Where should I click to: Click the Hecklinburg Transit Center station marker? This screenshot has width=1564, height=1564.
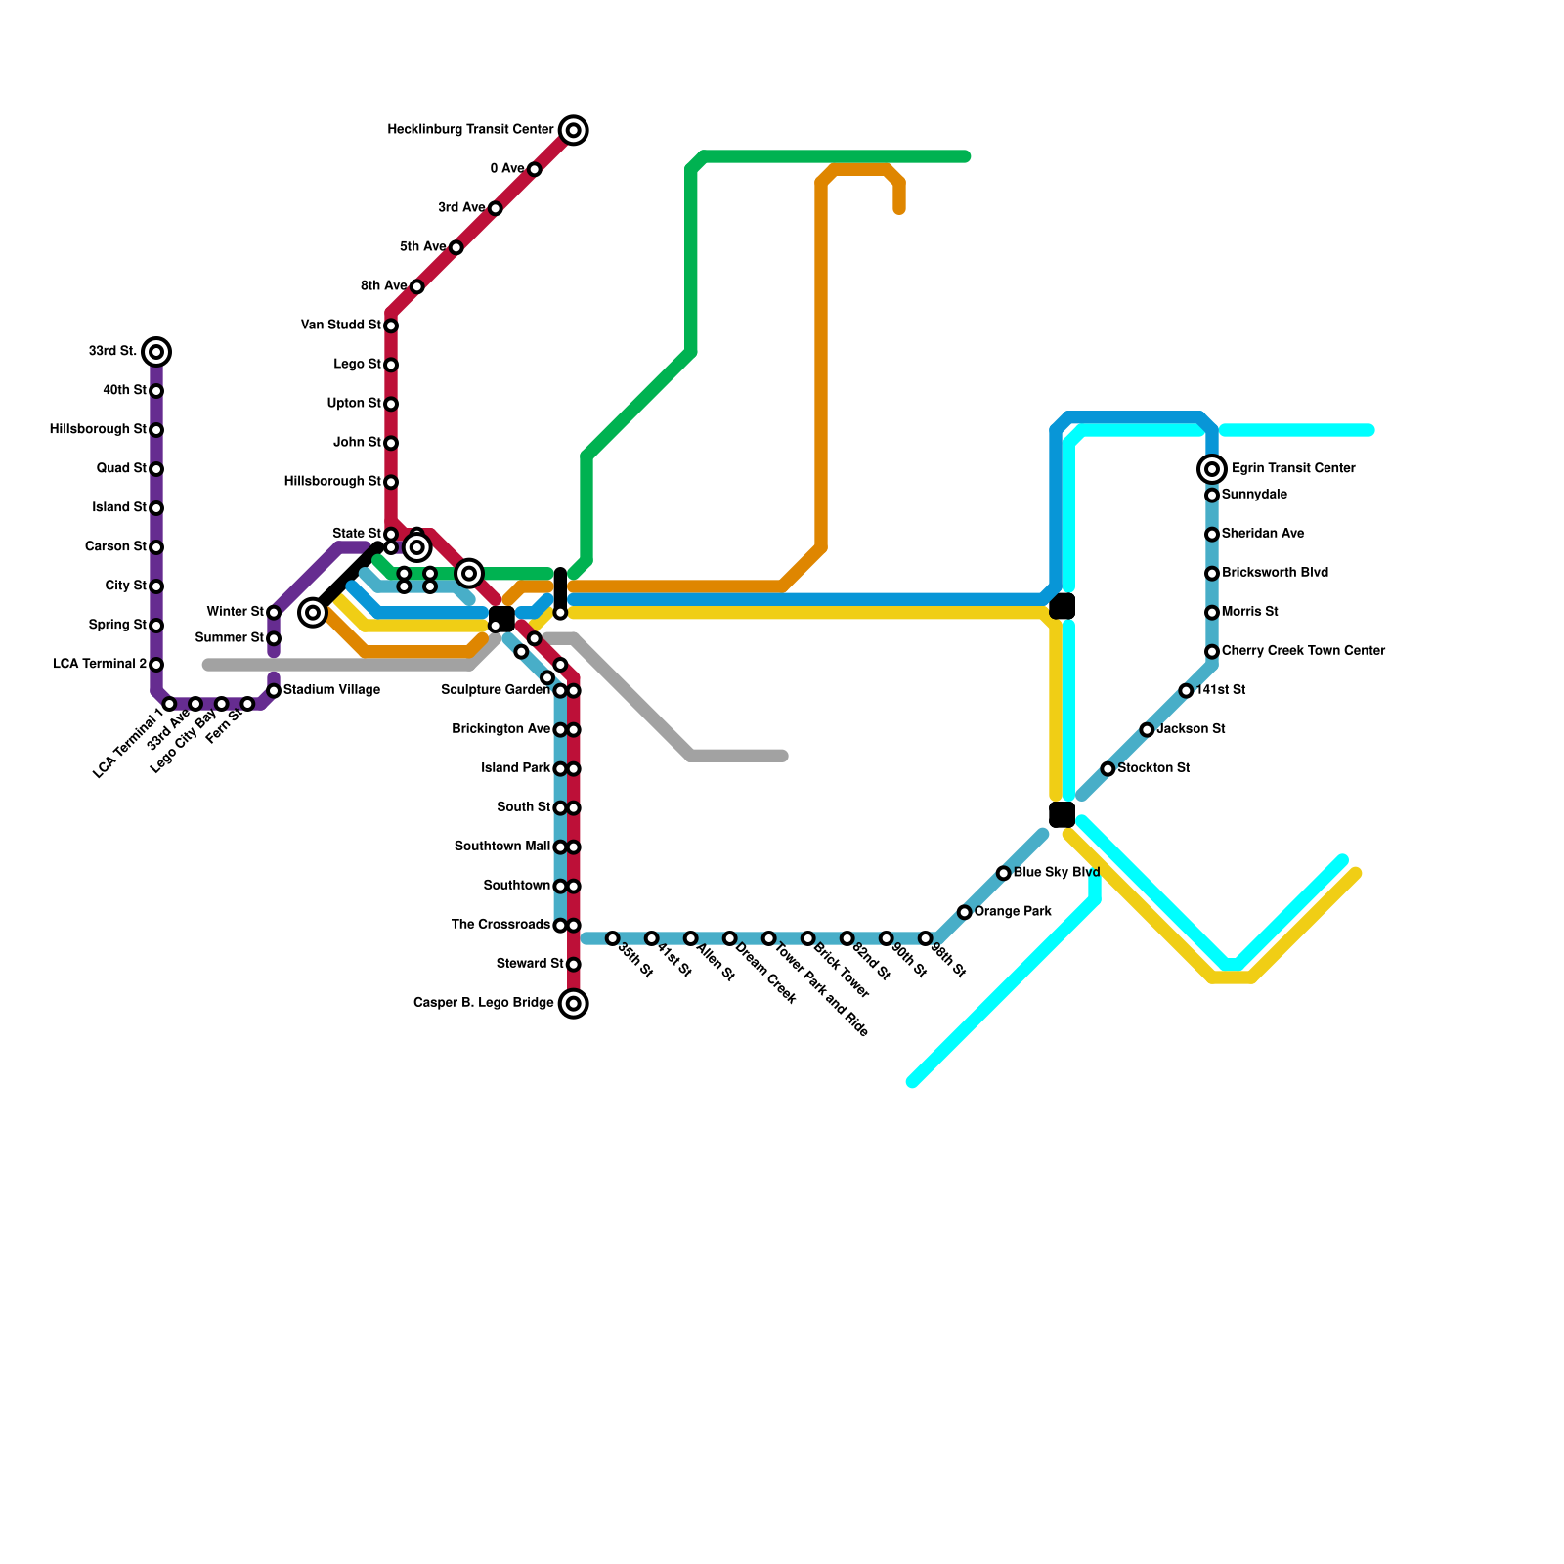click(x=574, y=130)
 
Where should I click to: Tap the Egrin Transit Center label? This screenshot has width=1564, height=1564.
click(x=1292, y=469)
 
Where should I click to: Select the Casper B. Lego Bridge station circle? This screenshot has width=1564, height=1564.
click(x=574, y=1003)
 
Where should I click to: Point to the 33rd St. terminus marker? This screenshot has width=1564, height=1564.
click(x=156, y=352)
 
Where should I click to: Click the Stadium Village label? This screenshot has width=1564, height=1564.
click(x=331, y=691)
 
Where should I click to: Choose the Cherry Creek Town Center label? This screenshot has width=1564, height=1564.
click(x=1303, y=651)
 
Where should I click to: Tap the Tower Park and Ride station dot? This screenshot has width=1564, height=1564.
click(x=769, y=938)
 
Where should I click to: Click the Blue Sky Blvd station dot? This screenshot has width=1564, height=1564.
click(x=1004, y=873)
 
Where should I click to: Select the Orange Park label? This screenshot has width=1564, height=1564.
click(x=1013, y=912)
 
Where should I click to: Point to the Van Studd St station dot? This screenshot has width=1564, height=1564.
click(x=391, y=326)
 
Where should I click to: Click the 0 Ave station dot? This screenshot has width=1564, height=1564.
click(x=535, y=169)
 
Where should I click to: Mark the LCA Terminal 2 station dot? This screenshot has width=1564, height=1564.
click(x=156, y=665)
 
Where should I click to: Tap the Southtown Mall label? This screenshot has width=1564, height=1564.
click(x=501, y=847)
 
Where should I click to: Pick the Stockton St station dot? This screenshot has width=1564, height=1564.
click(x=1108, y=769)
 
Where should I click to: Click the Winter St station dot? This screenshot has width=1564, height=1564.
click(x=274, y=613)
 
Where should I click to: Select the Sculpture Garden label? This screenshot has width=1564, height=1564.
click(x=495, y=690)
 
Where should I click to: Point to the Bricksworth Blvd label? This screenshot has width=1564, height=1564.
click(x=1275, y=573)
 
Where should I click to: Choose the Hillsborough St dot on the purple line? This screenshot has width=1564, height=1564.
click(x=156, y=430)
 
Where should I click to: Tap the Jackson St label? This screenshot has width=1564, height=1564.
click(x=1191, y=729)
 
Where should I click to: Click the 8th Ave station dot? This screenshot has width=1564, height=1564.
click(x=417, y=286)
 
